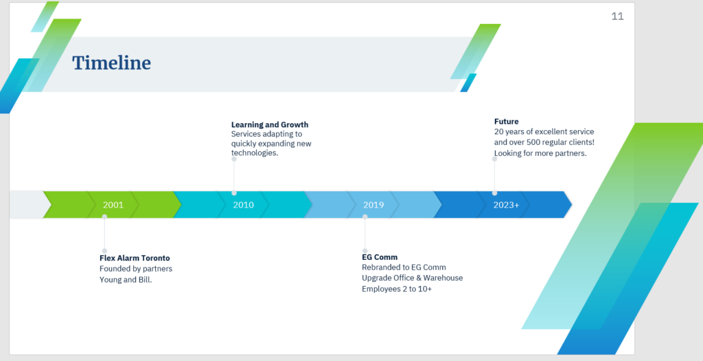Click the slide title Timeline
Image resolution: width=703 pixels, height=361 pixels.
[x=112, y=63]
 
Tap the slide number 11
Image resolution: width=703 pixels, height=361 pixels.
[x=617, y=17]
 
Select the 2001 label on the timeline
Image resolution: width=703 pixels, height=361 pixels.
[x=113, y=205]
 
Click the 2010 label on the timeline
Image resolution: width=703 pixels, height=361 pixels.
[x=244, y=205]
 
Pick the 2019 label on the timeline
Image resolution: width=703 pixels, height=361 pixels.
[x=373, y=205]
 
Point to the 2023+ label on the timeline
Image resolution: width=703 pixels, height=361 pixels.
[x=506, y=205]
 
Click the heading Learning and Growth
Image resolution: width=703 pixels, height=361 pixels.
[x=270, y=124]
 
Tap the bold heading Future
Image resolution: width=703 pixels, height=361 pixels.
[x=507, y=121]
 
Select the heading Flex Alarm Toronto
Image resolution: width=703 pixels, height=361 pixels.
[x=135, y=258]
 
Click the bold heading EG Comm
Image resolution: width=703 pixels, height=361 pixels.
[x=380, y=257]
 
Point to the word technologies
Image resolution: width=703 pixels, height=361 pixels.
[x=255, y=153]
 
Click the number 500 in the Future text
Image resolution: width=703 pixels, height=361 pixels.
[x=535, y=142]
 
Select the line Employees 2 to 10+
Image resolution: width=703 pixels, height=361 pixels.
[x=397, y=289]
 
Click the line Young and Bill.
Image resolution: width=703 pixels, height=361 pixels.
[x=126, y=280]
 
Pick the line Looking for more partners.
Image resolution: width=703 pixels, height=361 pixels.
[x=540, y=153]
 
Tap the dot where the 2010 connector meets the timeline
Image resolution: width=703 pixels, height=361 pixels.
[x=234, y=193]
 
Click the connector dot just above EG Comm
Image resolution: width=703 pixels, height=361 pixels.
[x=365, y=251]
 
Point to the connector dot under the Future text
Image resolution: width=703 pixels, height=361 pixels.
[x=494, y=159]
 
